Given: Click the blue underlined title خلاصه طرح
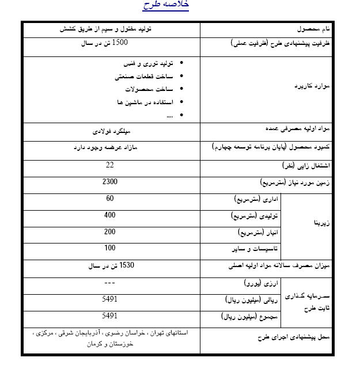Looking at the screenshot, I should pos(165,5).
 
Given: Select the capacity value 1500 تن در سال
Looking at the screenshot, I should pos(111,43).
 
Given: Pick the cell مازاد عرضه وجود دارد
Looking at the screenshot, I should pos(110,148).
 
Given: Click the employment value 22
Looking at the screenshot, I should pos(110,165).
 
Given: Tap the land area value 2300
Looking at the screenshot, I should pos(110,182).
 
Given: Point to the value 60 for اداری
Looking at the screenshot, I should pos(110,199).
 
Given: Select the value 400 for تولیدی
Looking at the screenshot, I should pos(110,215).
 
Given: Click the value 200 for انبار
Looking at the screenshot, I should pos(110,231).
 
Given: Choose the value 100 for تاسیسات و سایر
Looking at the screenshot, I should pos(110,248).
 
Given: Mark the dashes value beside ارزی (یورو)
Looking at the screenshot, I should pos(110,283).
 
